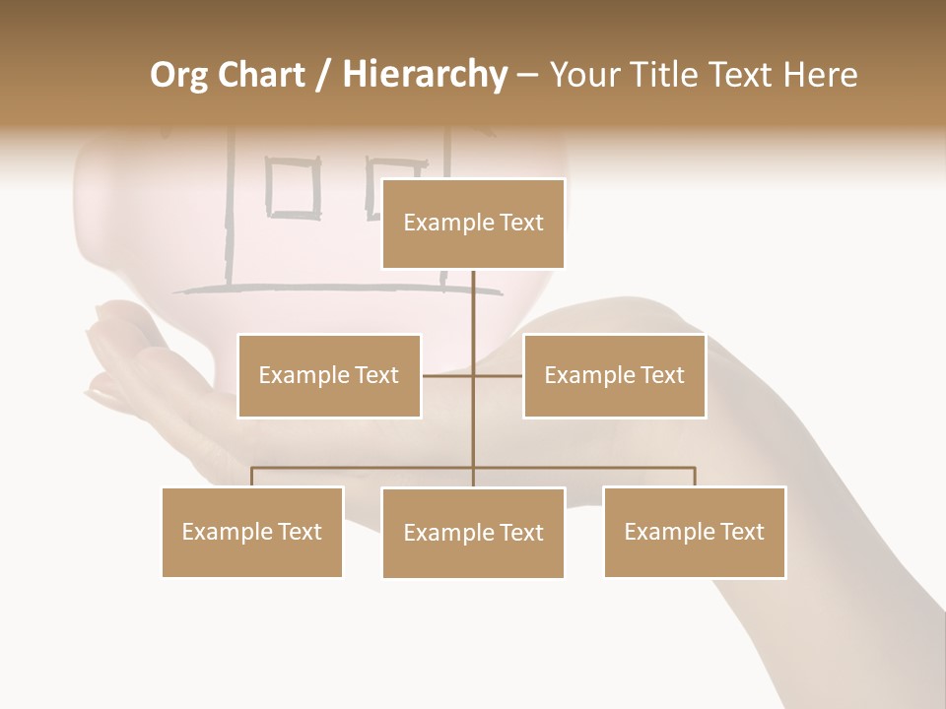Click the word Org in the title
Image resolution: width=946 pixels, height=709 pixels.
point(178,75)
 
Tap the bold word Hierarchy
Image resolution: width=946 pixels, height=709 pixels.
point(424,75)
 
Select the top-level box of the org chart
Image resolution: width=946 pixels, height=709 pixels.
point(473,224)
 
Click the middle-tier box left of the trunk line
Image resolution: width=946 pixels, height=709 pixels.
point(329,375)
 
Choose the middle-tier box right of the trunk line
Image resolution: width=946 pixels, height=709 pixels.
point(614,375)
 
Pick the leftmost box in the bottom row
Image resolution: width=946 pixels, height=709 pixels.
point(252,532)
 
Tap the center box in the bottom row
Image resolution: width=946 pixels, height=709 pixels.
point(473,533)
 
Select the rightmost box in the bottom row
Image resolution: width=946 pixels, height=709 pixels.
point(694,532)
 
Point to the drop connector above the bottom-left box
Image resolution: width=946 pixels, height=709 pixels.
point(252,477)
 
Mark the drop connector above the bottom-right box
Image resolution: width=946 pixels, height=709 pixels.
point(694,477)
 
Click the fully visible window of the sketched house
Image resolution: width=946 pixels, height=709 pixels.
point(294,189)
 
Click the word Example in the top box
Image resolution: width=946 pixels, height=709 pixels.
point(439,223)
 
